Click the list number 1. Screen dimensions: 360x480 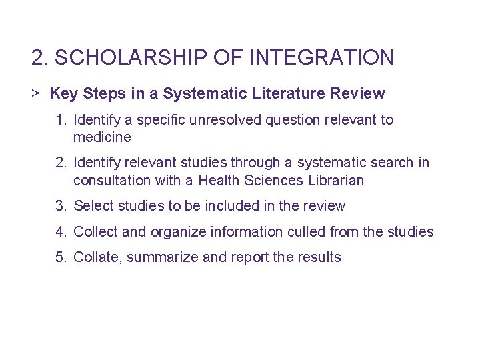[x=61, y=120]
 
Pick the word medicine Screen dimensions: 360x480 [x=102, y=137]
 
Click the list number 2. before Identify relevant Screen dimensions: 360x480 [x=61, y=163]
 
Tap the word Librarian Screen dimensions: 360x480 [x=337, y=180]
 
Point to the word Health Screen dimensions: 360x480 [x=221, y=180]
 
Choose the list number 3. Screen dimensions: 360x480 [x=61, y=205]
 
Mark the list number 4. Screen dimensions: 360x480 [x=61, y=231]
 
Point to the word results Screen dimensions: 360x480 [x=319, y=257]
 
